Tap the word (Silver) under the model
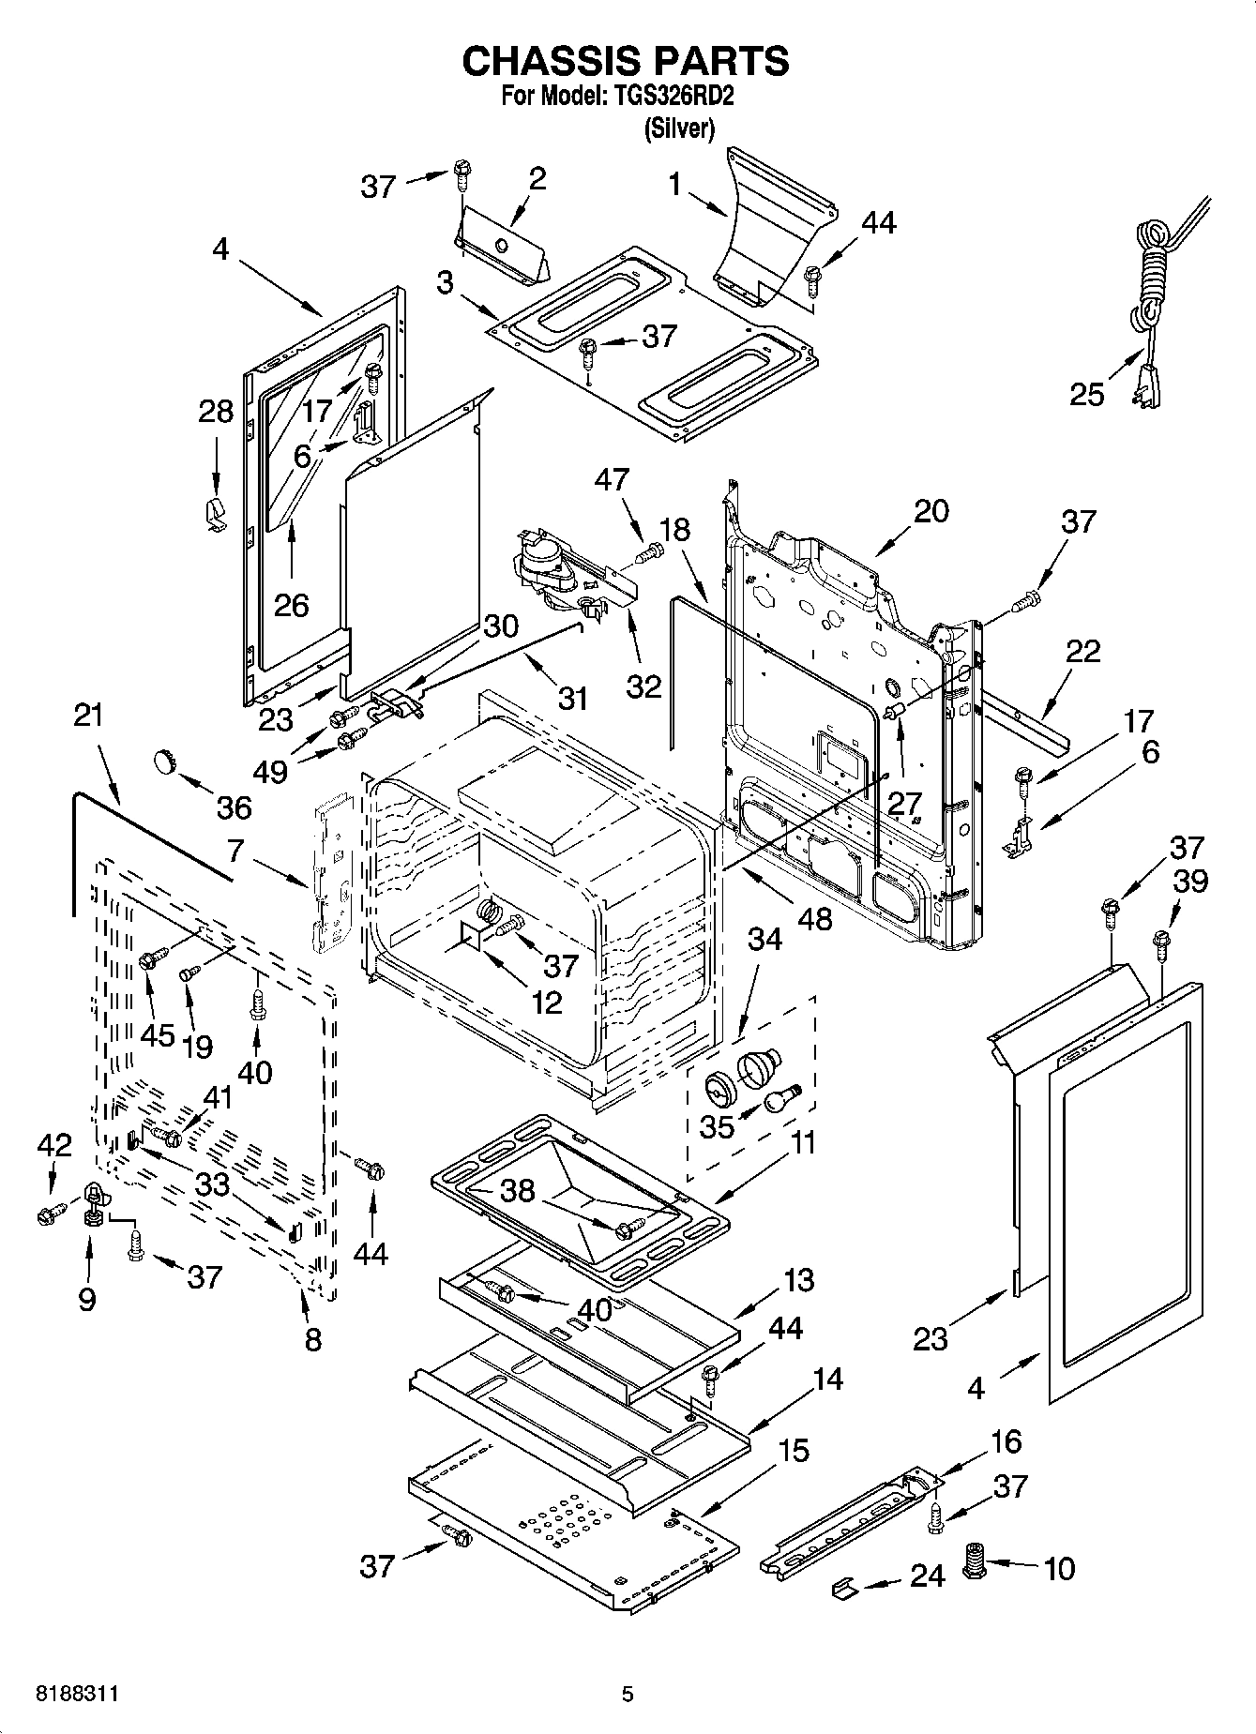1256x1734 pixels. (x=678, y=129)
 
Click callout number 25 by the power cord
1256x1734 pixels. (x=1087, y=394)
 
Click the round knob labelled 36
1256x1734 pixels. (x=165, y=761)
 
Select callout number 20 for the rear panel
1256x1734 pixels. (x=931, y=511)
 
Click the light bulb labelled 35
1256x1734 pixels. (x=779, y=1099)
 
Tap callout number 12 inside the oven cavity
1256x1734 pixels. (x=547, y=1002)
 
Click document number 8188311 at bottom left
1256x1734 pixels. (x=77, y=1695)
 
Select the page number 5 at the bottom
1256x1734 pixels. (x=628, y=1695)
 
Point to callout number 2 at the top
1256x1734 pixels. (x=537, y=178)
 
